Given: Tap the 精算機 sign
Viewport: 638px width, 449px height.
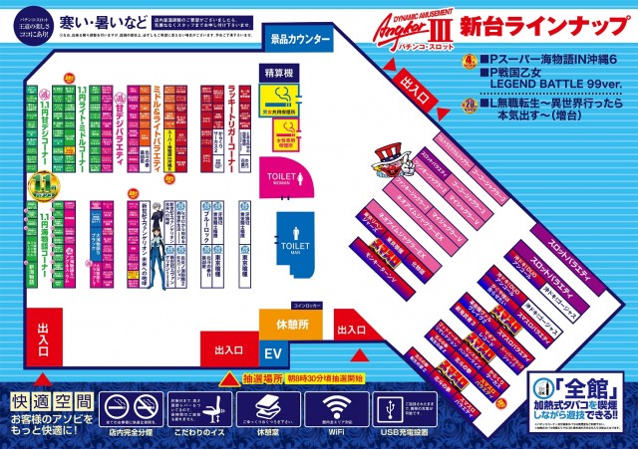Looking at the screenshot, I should (278, 74).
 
